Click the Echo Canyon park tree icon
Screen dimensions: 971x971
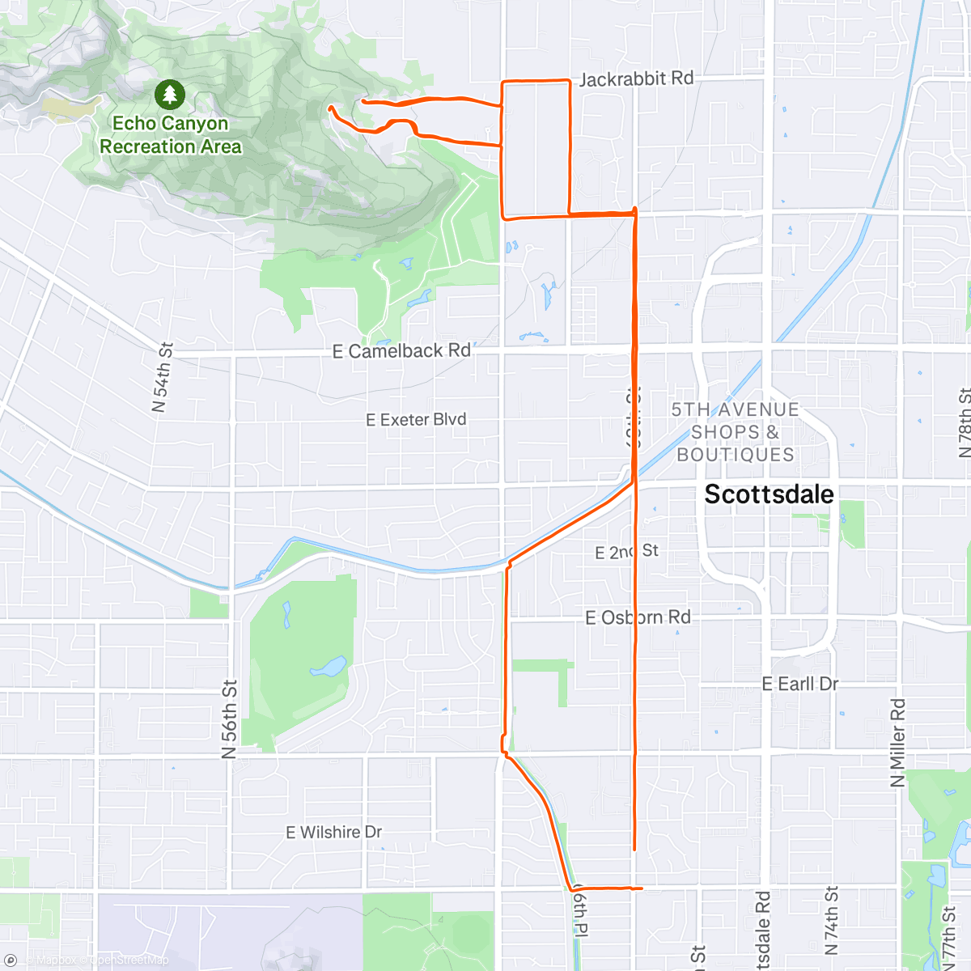point(169,95)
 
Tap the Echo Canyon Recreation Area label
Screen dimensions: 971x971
point(170,135)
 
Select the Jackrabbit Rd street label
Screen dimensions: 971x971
point(637,78)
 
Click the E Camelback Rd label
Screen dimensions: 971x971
point(401,351)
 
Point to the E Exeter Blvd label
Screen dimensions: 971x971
point(416,419)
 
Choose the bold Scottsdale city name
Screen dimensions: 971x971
point(769,494)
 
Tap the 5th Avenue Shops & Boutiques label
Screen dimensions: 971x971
point(736,432)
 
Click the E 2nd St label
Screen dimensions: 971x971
point(626,552)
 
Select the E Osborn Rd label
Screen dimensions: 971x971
point(638,617)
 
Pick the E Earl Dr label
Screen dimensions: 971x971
point(799,684)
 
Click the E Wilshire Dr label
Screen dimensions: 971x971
point(333,832)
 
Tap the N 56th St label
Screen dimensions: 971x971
point(230,719)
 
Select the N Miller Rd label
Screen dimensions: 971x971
point(898,743)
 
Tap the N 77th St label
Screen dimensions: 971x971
point(949,939)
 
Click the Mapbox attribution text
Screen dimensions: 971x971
point(57,960)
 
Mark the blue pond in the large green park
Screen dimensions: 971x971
point(328,668)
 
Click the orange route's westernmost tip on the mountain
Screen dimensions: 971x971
point(330,107)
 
